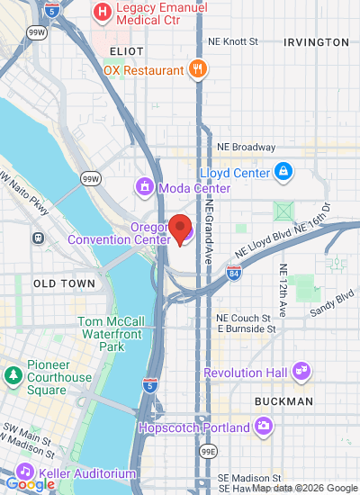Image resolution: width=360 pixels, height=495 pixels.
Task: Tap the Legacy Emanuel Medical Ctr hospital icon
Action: click(x=103, y=12)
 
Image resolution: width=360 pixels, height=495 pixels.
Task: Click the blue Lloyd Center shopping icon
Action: click(x=283, y=170)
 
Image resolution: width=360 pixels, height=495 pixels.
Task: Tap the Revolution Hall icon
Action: click(x=301, y=371)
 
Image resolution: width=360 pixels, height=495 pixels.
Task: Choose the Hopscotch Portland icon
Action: click(x=264, y=426)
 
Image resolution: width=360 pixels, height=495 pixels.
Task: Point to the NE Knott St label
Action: click(x=232, y=41)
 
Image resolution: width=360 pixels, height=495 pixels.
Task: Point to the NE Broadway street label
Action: click(x=246, y=148)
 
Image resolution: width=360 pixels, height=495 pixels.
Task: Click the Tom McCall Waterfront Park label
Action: click(x=112, y=333)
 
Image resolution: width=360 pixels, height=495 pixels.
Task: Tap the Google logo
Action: click(x=30, y=484)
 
